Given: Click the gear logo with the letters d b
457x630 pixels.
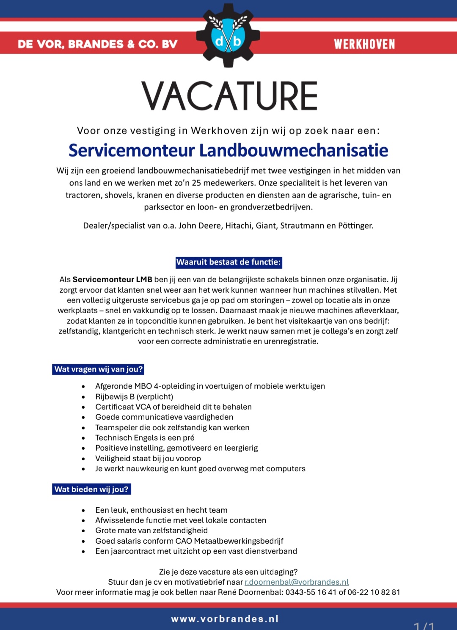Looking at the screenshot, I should (228, 36).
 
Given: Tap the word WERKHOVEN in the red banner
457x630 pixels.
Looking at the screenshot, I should (364, 44).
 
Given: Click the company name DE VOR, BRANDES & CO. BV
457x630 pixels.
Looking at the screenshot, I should (98, 44).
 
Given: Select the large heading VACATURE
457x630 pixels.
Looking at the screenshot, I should (229, 96).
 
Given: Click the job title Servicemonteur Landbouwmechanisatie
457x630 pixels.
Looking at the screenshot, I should (228, 151).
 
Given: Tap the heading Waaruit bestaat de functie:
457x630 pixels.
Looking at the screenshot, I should (228, 262).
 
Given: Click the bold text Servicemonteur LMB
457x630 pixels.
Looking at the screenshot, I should (112, 280).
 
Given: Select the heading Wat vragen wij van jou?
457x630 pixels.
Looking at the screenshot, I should (98, 369).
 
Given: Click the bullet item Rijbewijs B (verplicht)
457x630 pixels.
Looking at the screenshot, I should (134, 397).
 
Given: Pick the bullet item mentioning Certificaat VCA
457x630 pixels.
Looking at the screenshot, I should (173, 407).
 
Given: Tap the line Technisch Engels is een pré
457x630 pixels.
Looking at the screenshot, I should (145, 438).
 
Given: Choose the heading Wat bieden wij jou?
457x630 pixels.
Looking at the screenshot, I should (91, 490).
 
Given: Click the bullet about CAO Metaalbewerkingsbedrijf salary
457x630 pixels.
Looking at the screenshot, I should (189, 541).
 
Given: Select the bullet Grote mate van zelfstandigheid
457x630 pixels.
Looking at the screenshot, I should (151, 531).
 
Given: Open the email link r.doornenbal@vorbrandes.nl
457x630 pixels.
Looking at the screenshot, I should (297, 582).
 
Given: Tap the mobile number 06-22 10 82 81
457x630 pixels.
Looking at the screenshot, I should (374, 592).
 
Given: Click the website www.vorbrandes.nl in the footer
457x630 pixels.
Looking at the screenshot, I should (225, 619).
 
